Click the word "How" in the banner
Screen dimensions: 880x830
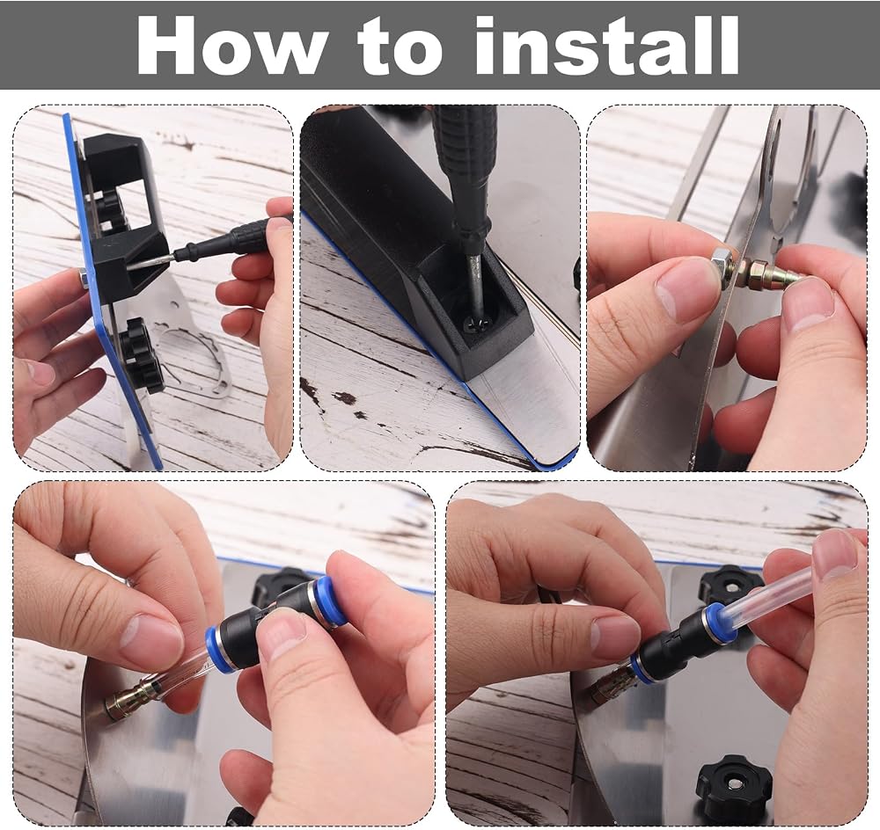[x=230, y=46]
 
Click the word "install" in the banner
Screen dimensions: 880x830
[x=608, y=46]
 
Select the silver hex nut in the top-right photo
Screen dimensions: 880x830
[x=720, y=263]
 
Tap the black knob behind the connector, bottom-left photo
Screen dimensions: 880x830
[x=278, y=586]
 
